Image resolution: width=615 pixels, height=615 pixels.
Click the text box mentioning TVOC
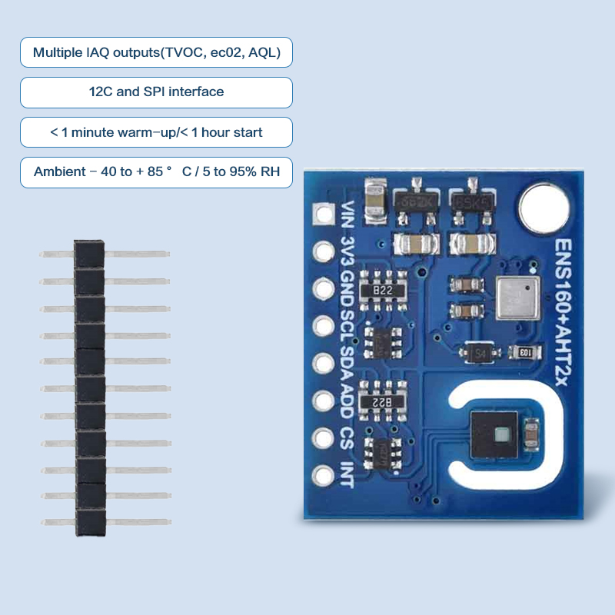[x=156, y=52]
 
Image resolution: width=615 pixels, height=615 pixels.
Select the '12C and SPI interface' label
[x=156, y=92]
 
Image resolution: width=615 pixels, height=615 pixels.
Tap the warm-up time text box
[x=156, y=132]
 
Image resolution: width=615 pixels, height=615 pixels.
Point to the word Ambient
[x=60, y=171]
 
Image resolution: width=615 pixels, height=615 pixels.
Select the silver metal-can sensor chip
[x=513, y=298]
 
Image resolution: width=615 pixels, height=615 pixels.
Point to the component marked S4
[x=481, y=353]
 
